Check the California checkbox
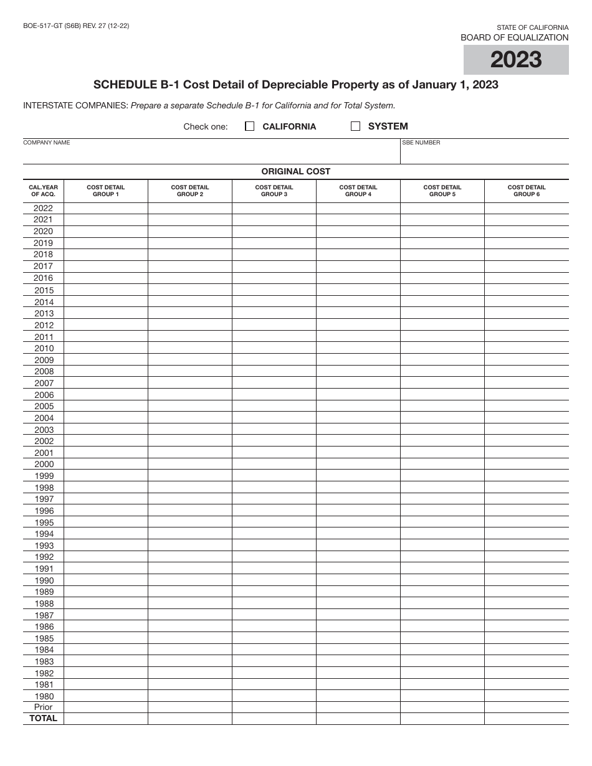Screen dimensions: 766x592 click(x=250, y=126)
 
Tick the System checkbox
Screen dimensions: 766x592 click(x=356, y=126)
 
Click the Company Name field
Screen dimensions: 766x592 click(x=212, y=153)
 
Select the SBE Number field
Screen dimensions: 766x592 click(x=484, y=153)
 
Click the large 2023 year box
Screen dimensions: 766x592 click(x=516, y=60)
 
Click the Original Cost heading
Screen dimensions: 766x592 click(x=296, y=171)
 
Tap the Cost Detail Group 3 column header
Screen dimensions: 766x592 click(x=274, y=191)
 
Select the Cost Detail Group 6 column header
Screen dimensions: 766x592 click(x=527, y=191)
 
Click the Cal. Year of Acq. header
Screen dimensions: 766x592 click(x=44, y=191)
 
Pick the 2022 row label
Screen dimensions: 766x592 click(x=44, y=208)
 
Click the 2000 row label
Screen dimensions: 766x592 click(x=44, y=464)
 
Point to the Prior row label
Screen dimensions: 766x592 click(x=44, y=707)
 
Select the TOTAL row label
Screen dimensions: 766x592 click(x=44, y=719)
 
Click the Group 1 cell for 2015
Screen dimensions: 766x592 click(x=106, y=290)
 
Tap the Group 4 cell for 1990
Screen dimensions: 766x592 click(x=358, y=580)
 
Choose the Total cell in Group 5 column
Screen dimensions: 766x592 click(x=442, y=719)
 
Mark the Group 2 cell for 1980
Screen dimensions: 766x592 click(x=190, y=696)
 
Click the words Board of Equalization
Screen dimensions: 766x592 click(x=514, y=37)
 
